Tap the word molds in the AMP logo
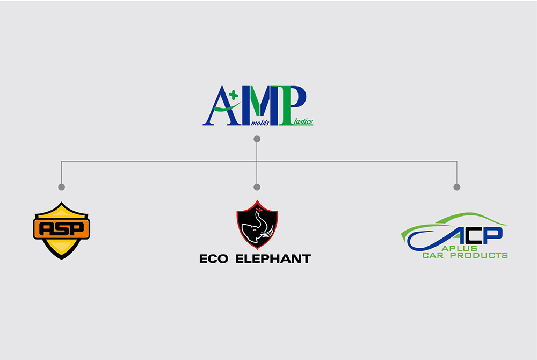coord(260,123)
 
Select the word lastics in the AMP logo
coord(303,121)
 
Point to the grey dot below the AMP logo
coord(257,139)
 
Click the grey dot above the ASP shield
coord(62,187)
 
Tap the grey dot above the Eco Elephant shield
coord(257,187)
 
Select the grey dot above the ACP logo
coord(457,187)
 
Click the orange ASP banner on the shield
coord(62,229)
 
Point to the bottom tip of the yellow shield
coord(62,260)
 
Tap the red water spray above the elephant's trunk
coord(258,210)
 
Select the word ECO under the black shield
coord(214,258)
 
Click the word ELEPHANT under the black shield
coord(273,258)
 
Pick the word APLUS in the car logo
coord(460,248)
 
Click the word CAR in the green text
coord(433,255)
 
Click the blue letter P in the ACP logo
coord(493,235)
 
